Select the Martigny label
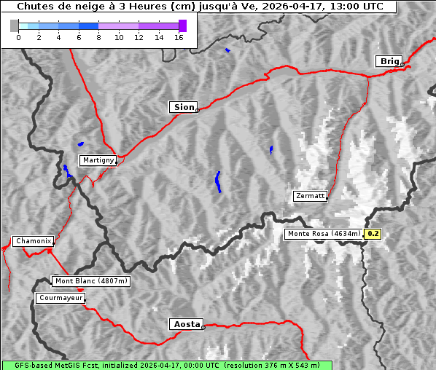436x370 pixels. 97,160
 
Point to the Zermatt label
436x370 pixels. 310,196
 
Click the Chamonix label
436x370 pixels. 33,241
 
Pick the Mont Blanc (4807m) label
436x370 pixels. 91,280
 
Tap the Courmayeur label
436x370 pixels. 61,298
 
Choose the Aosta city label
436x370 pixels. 185,324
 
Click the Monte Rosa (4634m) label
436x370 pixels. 323,234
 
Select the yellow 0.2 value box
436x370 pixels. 373,234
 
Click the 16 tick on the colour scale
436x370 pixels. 179,37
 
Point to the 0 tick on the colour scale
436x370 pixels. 18,37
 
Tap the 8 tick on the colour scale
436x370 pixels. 98,37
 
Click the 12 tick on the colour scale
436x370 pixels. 139,37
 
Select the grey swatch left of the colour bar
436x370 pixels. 15,25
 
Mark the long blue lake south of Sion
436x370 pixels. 218,181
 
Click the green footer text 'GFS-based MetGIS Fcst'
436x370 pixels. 50,365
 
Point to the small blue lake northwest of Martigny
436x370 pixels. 80,143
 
